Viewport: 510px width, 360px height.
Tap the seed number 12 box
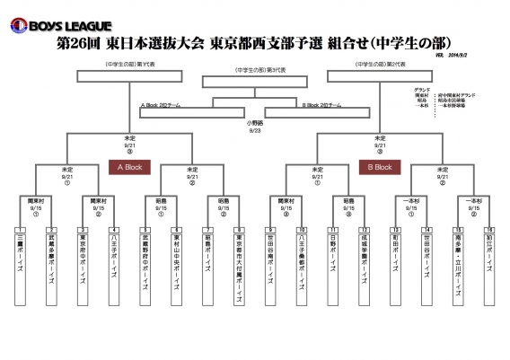click(365, 230)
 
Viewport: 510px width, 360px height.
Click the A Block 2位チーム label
click(162, 106)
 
